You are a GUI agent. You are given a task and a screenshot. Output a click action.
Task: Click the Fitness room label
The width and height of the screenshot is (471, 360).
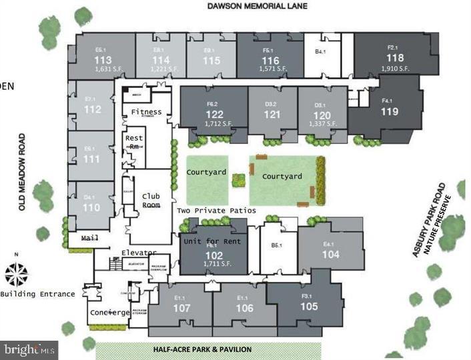click(146, 111)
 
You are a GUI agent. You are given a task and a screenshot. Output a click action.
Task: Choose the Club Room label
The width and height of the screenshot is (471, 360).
click(151, 200)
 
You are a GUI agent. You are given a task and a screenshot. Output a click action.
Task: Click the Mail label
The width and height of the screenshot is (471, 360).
click(89, 237)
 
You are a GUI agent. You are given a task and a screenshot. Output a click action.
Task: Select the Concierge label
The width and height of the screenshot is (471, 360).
click(109, 313)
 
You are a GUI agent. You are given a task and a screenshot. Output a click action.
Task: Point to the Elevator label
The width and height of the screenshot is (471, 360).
click(139, 253)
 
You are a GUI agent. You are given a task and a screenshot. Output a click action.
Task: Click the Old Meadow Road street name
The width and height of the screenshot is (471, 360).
click(22, 173)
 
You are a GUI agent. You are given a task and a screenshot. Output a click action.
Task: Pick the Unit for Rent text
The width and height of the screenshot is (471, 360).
click(213, 241)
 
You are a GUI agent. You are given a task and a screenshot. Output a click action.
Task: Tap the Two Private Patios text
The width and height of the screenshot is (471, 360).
click(216, 211)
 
